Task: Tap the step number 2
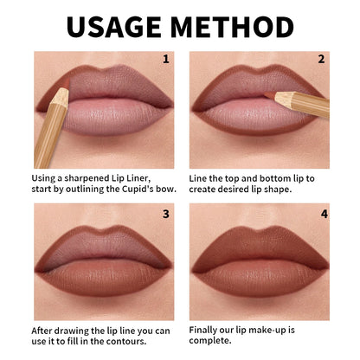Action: (x=321, y=60)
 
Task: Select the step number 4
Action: (x=321, y=212)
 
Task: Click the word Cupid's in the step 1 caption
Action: (x=133, y=190)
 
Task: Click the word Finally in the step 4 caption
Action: (x=208, y=330)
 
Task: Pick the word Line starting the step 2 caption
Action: (x=202, y=177)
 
